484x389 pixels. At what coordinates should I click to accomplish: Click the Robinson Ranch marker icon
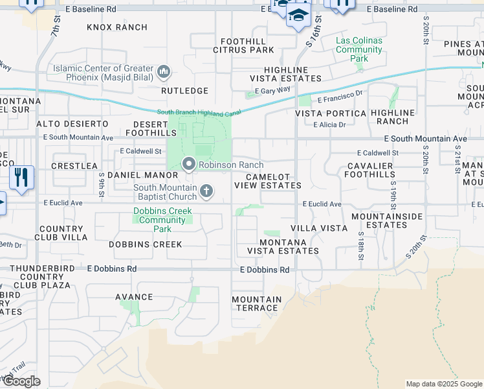(x=189, y=165)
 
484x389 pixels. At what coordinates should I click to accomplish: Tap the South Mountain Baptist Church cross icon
(x=206, y=191)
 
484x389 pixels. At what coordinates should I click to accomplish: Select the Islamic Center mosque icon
(x=164, y=71)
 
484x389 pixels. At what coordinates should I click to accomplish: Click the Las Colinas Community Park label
(x=359, y=49)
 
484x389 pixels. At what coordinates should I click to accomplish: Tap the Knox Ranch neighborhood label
(x=117, y=27)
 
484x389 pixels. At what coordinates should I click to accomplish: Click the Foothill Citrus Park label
(x=243, y=45)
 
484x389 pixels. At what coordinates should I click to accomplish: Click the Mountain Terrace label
(x=257, y=303)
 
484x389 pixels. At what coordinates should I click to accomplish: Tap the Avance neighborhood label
(x=134, y=297)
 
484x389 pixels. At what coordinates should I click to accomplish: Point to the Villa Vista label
(x=319, y=229)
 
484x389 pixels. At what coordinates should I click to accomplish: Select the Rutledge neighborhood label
(x=184, y=91)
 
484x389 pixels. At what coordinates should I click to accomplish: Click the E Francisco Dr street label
(x=340, y=97)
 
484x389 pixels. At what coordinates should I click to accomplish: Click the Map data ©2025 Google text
(x=443, y=384)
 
